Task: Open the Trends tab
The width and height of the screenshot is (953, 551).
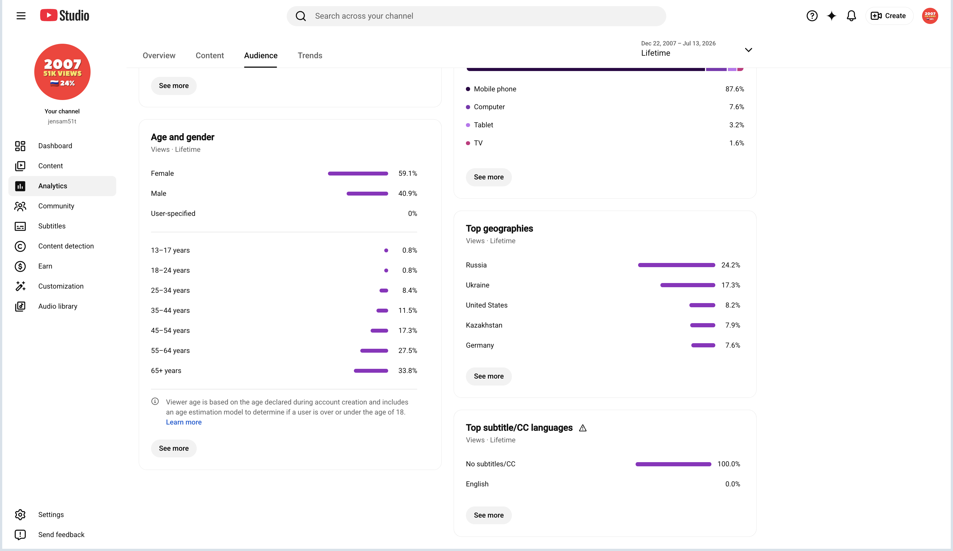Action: click(310, 56)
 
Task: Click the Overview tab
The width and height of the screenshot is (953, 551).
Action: click(159, 56)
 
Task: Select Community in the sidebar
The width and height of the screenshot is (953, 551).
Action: click(56, 206)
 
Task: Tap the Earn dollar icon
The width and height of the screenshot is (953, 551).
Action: click(20, 266)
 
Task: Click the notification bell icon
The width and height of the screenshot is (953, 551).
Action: click(851, 16)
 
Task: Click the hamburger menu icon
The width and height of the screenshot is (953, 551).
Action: click(21, 16)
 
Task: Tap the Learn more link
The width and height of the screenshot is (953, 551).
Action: click(184, 422)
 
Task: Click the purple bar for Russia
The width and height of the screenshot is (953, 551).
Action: click(677, 265)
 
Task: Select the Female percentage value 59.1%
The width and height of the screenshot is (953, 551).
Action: click(408, 174)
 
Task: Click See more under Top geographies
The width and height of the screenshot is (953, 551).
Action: click(488, 376)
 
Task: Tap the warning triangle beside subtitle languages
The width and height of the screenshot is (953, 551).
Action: click(583, 428)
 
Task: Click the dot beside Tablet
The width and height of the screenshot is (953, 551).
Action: click(468, 125)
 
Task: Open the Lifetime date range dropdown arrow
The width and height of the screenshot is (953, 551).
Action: click(748, 50)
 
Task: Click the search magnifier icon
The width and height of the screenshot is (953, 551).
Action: click(301, 16)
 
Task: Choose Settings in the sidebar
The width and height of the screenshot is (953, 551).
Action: click(51, 515)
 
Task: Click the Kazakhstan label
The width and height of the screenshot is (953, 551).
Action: click(484, 325)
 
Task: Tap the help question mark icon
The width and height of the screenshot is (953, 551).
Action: click(812, 16)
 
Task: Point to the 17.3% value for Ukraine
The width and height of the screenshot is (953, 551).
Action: click(731, 285)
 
